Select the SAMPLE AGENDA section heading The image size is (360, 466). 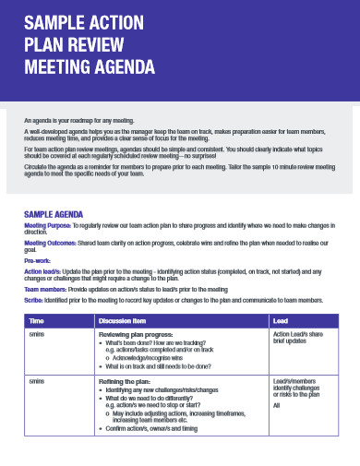54,213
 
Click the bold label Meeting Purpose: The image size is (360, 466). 47,225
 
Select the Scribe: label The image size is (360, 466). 34,301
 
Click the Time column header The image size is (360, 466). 37,320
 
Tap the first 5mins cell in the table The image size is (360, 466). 36,333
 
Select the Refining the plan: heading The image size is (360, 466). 126,381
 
